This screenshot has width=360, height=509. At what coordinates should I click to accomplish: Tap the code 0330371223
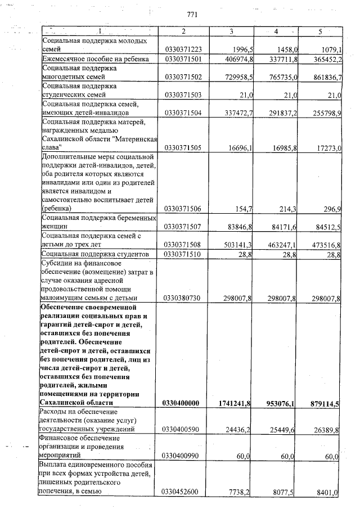click(x=183, y=49)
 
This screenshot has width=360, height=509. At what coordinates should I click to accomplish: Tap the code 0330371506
click(x=183, y=209)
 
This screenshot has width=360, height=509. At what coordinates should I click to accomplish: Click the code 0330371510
click(x=183, y=255)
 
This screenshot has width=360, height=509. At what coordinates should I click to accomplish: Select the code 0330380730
click(x=183, y=298)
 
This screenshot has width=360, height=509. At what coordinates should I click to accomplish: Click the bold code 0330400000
click(x=184, y=403)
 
